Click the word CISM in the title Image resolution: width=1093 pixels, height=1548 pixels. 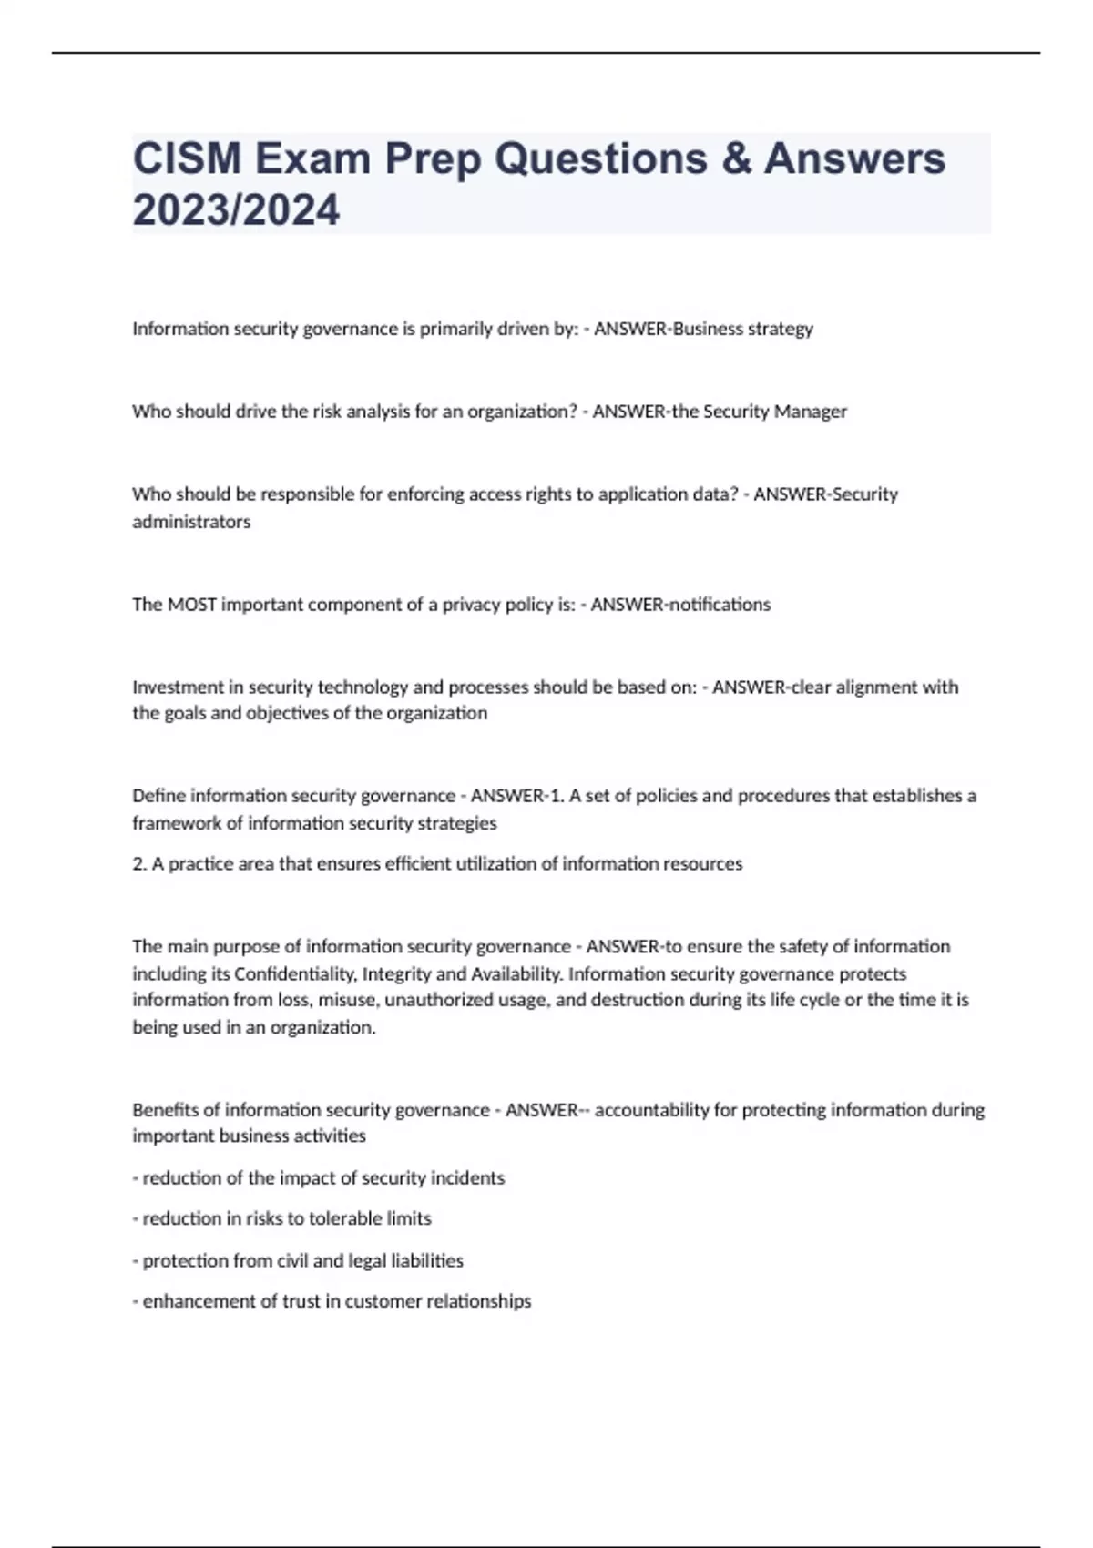(187, 159)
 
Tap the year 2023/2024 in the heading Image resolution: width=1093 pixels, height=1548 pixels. (236, 210)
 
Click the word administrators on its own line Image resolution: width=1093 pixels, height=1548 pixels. (191, 522)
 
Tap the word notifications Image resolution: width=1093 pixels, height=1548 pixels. (720, 605)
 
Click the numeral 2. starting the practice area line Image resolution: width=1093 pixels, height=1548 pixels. (139, 864)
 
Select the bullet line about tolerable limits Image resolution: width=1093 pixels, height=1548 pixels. (282, 1218)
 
